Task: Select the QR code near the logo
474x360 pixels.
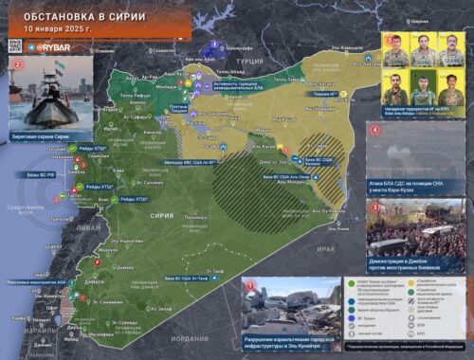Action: tap(14, 45)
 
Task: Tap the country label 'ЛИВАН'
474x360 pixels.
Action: tap(90, 228)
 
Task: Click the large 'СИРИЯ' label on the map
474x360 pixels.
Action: tap(162, 215)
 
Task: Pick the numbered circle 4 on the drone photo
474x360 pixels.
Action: tap(374, 127)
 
